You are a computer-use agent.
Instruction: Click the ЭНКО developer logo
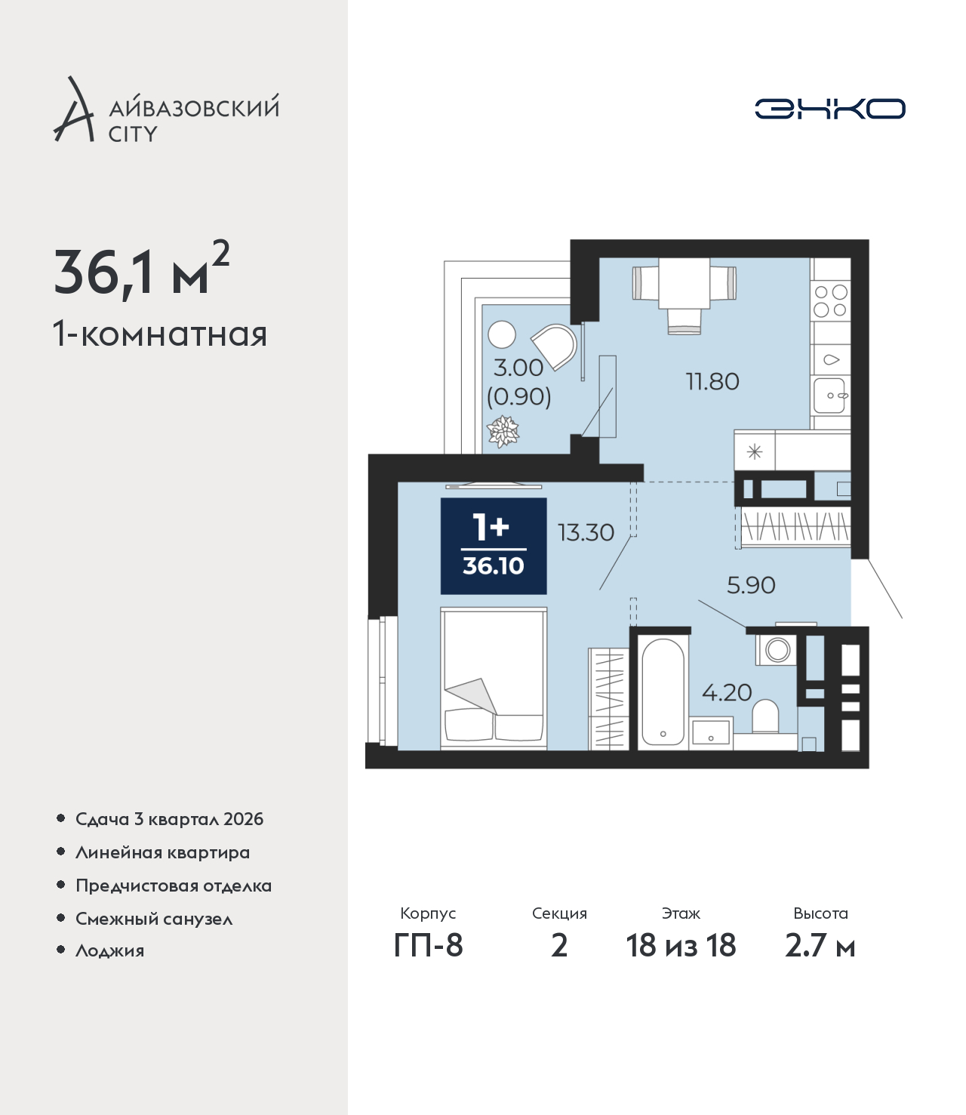point(829,109)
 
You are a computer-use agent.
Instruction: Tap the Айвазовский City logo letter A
point(74,110)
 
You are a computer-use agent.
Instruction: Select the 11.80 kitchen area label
point(712,382)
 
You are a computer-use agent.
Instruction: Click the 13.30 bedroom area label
point(586,533)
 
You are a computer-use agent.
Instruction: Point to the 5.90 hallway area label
point(751,585)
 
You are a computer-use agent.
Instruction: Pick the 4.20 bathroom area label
point(727,692)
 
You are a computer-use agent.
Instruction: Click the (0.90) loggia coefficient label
point(519,397)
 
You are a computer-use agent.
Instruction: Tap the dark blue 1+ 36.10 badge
point(494,546)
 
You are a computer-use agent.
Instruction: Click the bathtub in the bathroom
point(663,692)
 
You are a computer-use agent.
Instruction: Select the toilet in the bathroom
point(764,716)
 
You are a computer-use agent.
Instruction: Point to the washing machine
point(776,649)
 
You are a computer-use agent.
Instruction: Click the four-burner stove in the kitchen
point(831,301)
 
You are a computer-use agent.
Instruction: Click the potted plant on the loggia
point(503,432)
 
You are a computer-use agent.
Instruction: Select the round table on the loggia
point(502,334)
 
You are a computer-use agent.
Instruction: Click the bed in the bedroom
point(494,678)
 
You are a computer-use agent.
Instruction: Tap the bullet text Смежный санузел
point(154,919)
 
